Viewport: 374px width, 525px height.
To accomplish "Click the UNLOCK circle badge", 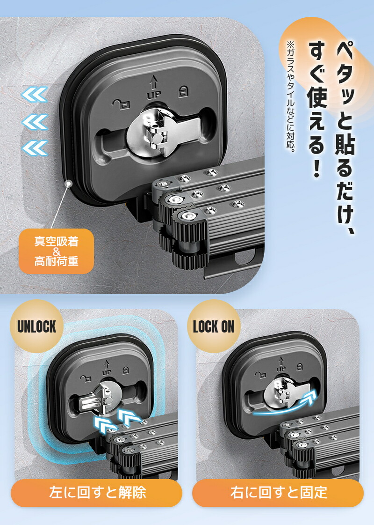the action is pyautogui.click(x=36, y=326).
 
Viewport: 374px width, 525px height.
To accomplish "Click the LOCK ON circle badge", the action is pyautogui.click(x=214, y=326).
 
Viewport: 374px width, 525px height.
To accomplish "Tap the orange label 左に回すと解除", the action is pyautogui.click(x=97, y=493).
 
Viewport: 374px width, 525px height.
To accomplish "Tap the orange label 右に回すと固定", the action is pyautogui.click(x=278, y=493).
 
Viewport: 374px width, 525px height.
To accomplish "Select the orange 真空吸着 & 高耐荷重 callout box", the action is pyautogui.click(x=56, y=251).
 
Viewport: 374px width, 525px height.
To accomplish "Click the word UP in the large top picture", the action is pyautogui.click(x=154, y=95).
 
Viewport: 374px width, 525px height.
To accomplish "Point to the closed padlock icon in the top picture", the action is pyautogui.click(x=183, y=91).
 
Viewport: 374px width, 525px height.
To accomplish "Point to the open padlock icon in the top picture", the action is pyautogui.click(x=120, y=104).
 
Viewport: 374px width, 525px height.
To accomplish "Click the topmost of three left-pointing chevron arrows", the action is pyautogui.click(x=35, y=95).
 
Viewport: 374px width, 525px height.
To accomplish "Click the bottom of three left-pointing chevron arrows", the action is pyautogui.click(x=35, y=148).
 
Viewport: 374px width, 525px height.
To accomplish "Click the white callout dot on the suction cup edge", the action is pyautogui.click(x=69, y=184).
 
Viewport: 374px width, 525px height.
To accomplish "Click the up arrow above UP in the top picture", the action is pyautogui.click(x=153, y=82).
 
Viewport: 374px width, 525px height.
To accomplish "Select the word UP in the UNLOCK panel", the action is pyautogui.click(x=107, y=372).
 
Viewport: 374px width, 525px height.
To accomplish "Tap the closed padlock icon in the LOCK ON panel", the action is pyautogui.click(x=300, y=367).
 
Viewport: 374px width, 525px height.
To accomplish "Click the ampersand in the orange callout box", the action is pyautogui.click(x=56, y=251).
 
